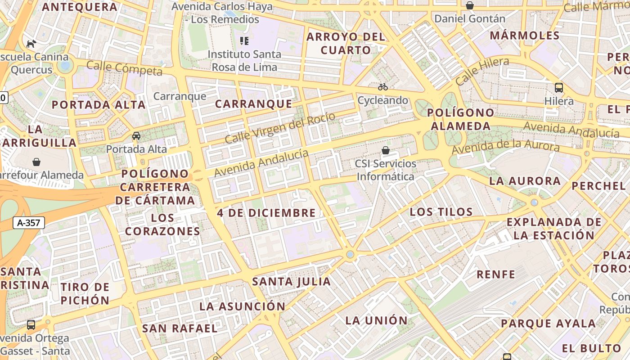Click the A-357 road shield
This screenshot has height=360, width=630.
[29, 222]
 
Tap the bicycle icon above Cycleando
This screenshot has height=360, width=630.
[383, 87]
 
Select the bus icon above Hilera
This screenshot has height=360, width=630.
[559, 88]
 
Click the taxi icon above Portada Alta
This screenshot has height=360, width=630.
[136, 136]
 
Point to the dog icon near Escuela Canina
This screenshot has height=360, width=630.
[31, 44]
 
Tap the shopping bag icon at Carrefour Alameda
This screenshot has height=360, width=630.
[36, 162]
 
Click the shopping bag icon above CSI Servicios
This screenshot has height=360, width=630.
[386, 150]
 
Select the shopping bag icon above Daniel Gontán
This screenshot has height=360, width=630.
[470, 5]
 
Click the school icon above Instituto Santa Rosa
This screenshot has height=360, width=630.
[244, 41]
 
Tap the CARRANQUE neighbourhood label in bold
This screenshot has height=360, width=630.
[253, 104]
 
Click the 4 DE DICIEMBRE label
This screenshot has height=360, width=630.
[266, 213]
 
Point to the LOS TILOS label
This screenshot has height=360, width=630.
[441, 212]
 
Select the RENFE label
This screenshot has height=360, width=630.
[496, 274]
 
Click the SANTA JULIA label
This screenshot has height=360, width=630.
[292, 282]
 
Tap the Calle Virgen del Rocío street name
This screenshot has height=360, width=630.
[279, 128]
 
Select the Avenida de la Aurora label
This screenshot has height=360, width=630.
[506, 146]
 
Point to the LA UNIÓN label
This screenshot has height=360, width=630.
[376, 320]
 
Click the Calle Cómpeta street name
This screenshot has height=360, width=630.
[124, 68]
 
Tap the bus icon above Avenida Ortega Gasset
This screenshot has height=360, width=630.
[31, 325]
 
